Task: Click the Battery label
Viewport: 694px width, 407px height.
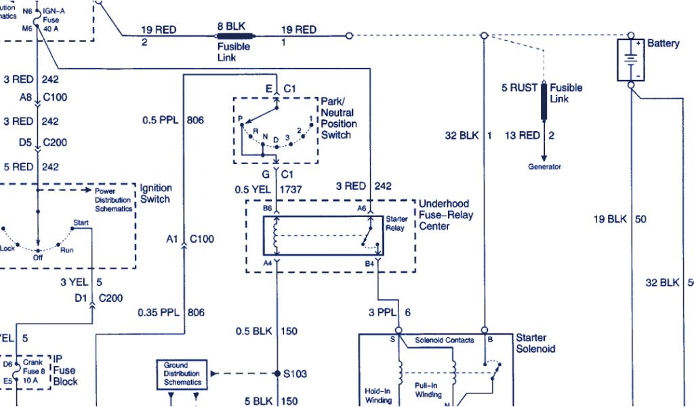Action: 663,43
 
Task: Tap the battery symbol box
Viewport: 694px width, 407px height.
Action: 630,59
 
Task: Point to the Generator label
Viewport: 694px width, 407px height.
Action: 544,167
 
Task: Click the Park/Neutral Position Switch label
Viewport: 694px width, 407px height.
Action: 338,118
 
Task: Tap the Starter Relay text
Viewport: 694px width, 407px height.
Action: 396,224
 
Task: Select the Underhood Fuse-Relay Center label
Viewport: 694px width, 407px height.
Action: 446,214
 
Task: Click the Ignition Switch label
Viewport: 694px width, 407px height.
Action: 155,193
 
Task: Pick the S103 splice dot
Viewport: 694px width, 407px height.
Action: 277,374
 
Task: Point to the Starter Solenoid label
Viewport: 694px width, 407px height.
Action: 535,343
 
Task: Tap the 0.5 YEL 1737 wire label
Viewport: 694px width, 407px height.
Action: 268,189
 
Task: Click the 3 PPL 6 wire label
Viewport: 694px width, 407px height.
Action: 390,313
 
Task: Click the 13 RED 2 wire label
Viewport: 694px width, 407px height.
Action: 529,136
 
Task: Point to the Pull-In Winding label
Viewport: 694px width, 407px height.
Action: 428,389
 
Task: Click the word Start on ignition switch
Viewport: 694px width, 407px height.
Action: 81,222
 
